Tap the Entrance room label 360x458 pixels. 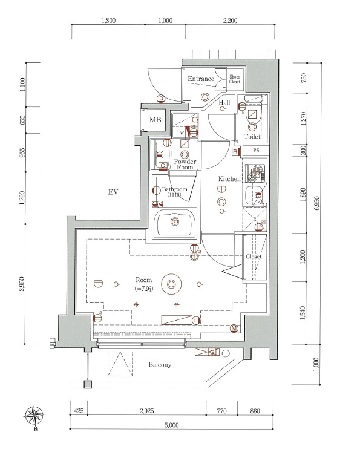click(200, 79)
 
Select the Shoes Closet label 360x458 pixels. click(234, 79)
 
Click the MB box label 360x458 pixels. click(155, 120)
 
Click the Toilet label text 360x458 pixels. click(252, 137)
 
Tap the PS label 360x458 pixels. click(256, 151)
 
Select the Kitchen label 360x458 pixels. click(229, 179)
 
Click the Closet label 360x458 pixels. click(254, 257)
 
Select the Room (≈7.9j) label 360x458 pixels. click(143, 284)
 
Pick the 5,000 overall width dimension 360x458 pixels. click(171, 425)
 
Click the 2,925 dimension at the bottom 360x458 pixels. click(146, 411)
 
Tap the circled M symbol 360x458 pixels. click(234, 329)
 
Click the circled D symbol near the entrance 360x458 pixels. click(161, 99)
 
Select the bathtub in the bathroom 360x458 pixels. click(175, 224)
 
